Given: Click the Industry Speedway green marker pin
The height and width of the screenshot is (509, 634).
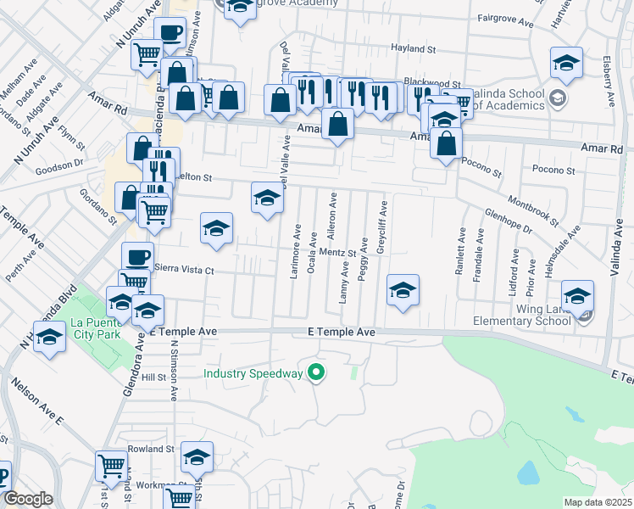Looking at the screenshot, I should click(x=317, y=372).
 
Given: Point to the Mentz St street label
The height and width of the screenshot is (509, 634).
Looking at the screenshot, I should click(x=337, y=252).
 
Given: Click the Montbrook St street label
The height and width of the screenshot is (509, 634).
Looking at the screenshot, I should click(x=532, y=210).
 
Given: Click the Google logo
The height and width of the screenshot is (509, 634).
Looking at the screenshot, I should click(x=28, y=500).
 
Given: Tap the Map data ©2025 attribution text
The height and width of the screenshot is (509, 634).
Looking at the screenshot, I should click(x=597, y=502).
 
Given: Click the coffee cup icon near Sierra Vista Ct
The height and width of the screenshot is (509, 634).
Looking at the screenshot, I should click(x=137, y=257).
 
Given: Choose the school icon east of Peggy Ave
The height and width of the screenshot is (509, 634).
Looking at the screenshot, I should click(x=403, y=289).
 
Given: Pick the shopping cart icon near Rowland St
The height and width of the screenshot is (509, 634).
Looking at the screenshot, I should click(x=111, y=465).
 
